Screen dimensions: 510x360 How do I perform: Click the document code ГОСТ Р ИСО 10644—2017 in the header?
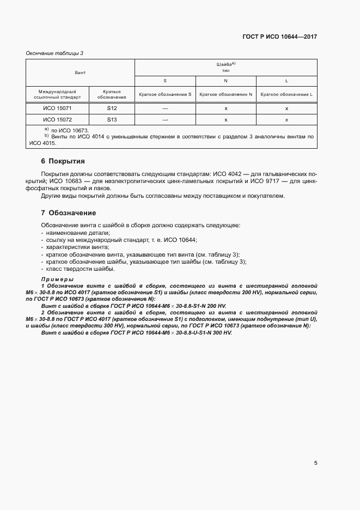(279, 37)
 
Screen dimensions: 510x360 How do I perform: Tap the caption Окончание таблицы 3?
(54, 53)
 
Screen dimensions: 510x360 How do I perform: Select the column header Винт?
(80, 72)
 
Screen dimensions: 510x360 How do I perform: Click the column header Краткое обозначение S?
(165, 94)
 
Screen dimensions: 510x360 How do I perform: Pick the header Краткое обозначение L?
(286, 94)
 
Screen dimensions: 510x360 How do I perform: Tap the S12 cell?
(112, 108)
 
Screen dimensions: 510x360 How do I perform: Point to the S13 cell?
(112, 119)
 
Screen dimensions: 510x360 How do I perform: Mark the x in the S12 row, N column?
(225, 108)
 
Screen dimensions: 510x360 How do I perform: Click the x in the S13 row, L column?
(286, 119)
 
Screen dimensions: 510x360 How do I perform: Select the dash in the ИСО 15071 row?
(165, 108)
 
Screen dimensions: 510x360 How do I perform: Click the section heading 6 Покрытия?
(63, 161)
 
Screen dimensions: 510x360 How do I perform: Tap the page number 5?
(315, 463)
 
